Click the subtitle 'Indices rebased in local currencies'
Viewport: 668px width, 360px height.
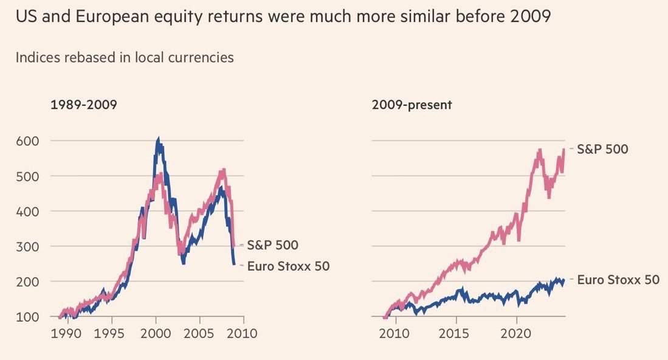[125, 58]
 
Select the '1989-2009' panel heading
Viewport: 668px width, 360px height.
[83, 105]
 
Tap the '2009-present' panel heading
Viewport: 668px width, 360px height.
[412, 105]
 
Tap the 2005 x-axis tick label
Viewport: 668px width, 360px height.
[200, 333]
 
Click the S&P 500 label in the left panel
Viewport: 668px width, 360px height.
[272, 245]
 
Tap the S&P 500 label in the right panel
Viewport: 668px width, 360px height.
[602, 149]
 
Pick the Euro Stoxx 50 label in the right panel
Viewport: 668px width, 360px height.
[618, 280]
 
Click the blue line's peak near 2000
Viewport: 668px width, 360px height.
[158, 140]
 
